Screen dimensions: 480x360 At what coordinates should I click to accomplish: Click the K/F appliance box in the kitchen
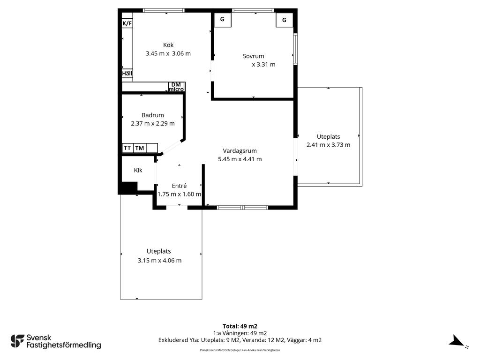(x=127, y=23)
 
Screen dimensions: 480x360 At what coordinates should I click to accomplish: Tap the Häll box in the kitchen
(x=127, y=74)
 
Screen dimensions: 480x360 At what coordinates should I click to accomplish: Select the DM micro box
(x=176, y=87)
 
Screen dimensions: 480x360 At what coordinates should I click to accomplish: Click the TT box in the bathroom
(x=127, y=148)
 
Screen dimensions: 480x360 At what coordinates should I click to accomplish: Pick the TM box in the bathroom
(x=140, y=148)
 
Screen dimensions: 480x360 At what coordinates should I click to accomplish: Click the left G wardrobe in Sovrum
(x=223, y=20)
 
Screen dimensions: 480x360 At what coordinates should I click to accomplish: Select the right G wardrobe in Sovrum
(x=285, y=20)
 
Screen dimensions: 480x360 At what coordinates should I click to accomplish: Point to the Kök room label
(x=168, y=45)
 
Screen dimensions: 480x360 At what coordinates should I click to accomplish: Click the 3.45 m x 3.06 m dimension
(x=168, y=53)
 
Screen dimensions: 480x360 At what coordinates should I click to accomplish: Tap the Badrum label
(x=153, y=115)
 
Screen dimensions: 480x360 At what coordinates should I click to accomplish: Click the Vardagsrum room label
(x=240, y=150)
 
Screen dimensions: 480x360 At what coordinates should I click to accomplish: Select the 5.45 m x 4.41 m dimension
(x=240, y=159)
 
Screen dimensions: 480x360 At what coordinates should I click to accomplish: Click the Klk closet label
(x=138, y=170)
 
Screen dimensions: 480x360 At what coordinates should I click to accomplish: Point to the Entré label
(x=179, y=186)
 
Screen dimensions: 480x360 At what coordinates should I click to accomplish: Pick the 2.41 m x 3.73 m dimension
(x=329, y=145)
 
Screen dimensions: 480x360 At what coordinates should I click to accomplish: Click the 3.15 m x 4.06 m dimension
(x=159, y=261)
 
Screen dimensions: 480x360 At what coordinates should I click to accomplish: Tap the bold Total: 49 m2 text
(x=240, y=326)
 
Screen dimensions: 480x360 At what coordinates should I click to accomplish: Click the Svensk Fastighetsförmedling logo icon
(x=17, y=341)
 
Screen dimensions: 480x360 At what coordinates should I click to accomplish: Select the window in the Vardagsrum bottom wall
(x=242, y=208)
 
